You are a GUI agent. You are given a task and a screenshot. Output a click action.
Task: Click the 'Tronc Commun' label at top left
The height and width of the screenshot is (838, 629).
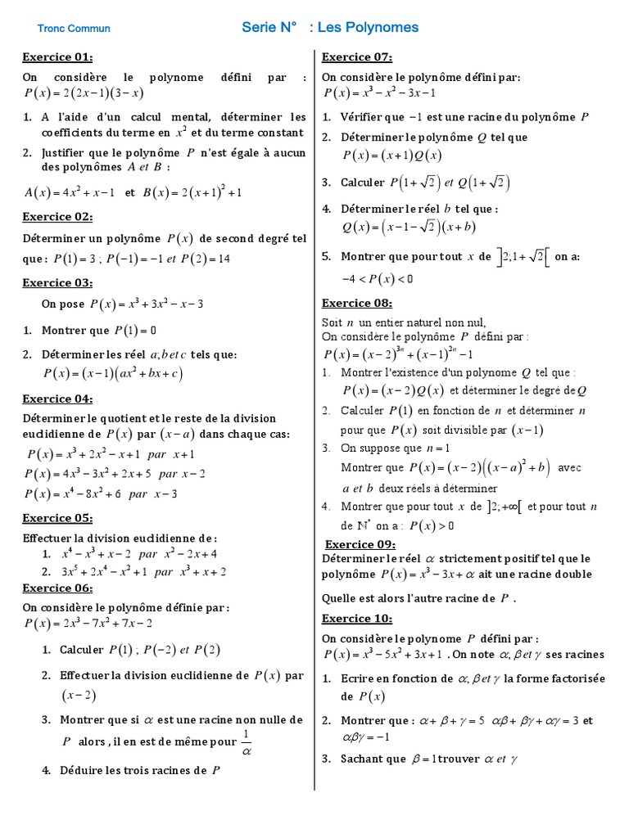pyautogui.click(x=74, y=29)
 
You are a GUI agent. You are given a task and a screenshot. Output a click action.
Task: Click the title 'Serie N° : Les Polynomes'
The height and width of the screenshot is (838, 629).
pyautogui.click(x=330, y=28)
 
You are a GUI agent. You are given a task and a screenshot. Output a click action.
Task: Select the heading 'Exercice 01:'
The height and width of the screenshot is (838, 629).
pyautogui.click(x=57, y=57)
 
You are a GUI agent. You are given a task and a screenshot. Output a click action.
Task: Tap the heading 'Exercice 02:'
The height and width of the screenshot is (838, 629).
pyautogui.click(x=57, y=217)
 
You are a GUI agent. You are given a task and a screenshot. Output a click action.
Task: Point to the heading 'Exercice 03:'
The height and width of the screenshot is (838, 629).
pyautogui.click(x=57, y=283)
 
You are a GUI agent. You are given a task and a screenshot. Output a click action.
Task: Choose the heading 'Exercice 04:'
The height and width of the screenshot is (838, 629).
pyautogui.click(x=57, y=399)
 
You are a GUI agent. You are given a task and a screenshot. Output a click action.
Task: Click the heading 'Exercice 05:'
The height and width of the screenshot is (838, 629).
pyautogui.click(x=57, y=518)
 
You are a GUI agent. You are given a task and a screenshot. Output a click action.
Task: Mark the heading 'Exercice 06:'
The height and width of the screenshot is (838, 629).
pyautogui.click(x=57, y=588)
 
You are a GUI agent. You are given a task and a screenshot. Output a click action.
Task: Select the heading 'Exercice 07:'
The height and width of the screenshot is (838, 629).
pyautogui.click(x=357, y=57)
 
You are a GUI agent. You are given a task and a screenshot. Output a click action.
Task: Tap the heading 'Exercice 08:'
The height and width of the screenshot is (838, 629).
pyautogui.click(x=357, y=303)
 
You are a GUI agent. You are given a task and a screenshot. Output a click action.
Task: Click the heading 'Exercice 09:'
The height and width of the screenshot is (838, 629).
pyautogui.click(x=360, y=544)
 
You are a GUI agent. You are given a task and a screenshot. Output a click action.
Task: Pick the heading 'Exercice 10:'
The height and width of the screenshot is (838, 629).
pyautogui.click(x=357, y=618)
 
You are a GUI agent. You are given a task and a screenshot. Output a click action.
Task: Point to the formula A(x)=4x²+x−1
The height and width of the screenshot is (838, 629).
pyautogui.click(x=70, y=193)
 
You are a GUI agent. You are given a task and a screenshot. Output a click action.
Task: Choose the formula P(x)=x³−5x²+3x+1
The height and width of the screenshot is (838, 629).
pyautogui.click(x=384, y=655)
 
